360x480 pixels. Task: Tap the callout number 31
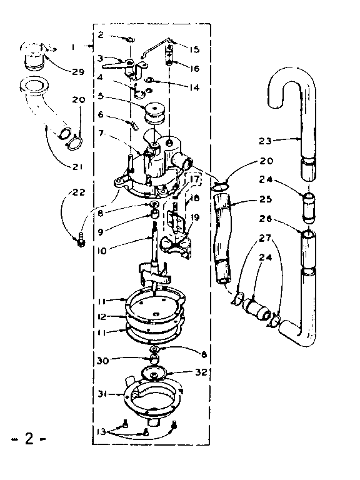102,393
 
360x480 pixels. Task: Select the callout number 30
102,360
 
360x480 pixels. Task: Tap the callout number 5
102,97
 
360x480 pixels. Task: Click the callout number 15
194,49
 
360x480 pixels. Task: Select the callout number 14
194,88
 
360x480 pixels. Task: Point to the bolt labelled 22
80,240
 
